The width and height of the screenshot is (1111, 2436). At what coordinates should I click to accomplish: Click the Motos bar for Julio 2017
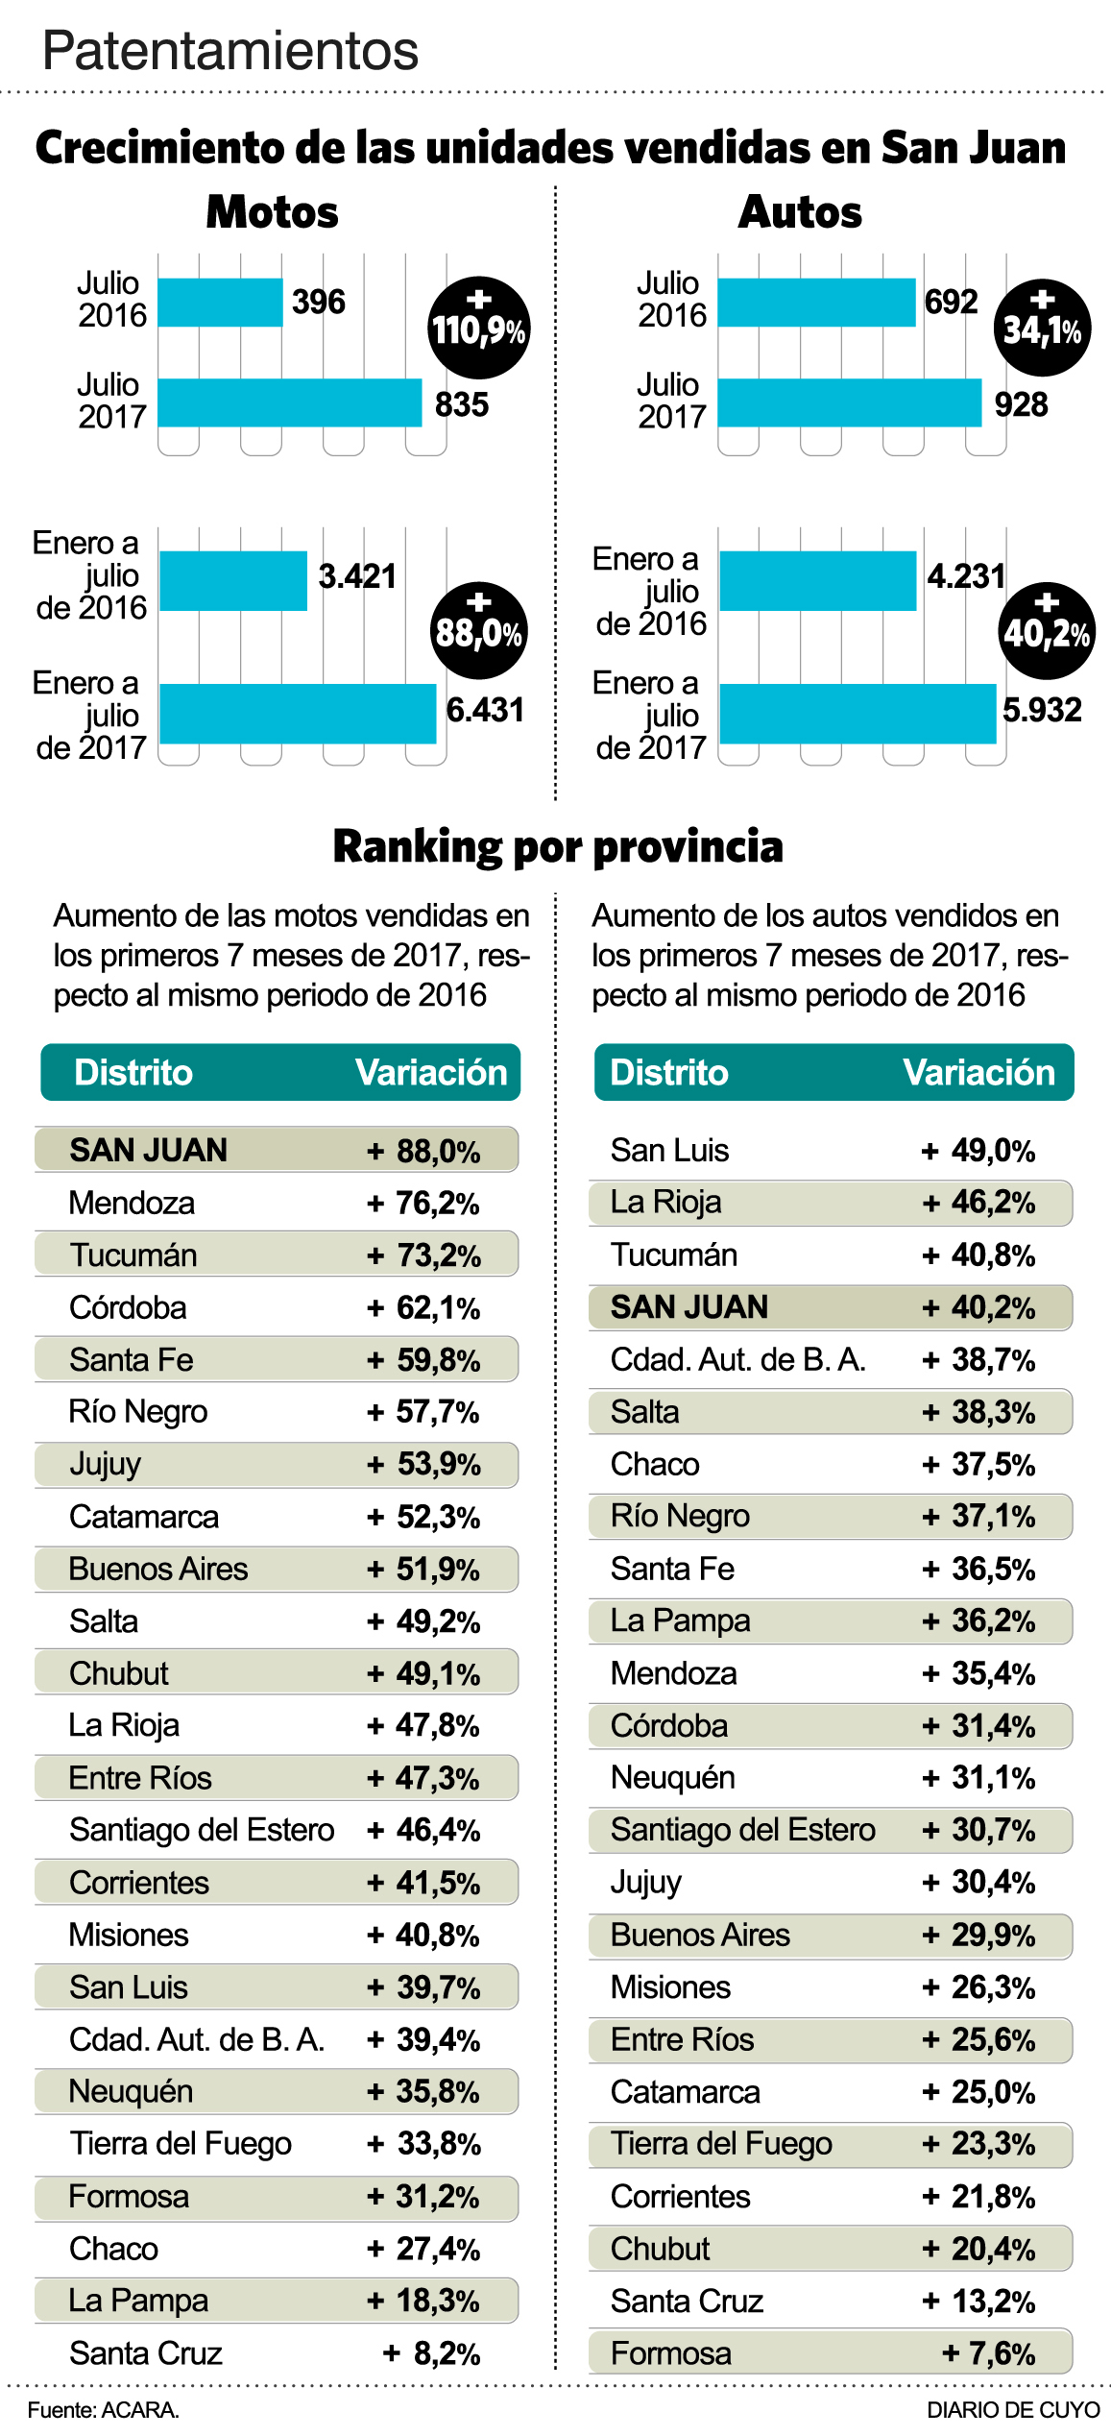289,402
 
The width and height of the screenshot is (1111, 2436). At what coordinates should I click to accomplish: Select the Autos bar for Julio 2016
816,303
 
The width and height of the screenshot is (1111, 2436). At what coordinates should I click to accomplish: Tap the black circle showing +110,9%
478,328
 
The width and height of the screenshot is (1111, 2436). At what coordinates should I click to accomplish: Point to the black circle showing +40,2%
1047,631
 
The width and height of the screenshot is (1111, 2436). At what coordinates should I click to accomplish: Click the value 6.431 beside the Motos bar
485,710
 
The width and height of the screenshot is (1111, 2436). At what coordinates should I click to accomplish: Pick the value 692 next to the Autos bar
951,302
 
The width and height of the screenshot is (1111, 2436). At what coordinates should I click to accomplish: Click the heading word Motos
272,212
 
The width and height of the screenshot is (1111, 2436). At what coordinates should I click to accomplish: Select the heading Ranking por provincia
557,846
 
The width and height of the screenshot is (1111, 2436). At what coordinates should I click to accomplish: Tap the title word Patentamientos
230,50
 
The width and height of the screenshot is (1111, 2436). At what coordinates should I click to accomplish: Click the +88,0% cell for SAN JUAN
423,1151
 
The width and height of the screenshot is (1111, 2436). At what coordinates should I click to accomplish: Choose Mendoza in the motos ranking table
132,1203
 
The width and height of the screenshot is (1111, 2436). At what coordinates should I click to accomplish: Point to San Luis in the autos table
669,1150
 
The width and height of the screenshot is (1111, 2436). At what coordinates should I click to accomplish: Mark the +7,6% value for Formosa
988,2353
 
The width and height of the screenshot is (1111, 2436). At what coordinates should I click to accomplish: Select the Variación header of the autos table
978,1072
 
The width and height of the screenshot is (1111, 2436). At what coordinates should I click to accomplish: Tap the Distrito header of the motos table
133,1072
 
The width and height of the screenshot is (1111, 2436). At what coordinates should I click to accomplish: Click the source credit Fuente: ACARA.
103,2410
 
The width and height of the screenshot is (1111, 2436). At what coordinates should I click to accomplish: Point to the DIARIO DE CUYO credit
1012,2410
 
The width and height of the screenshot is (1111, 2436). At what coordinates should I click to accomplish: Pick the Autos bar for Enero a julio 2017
857,714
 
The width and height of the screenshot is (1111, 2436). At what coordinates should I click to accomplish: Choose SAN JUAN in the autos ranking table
688,1307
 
